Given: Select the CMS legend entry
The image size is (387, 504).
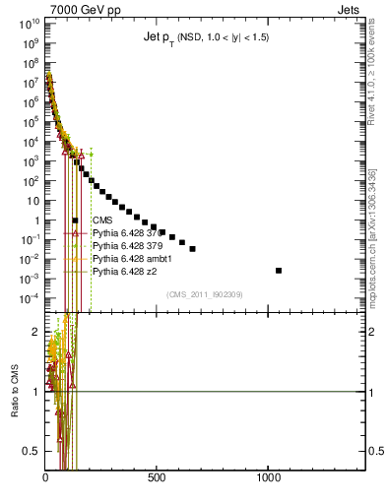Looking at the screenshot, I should (101, 220).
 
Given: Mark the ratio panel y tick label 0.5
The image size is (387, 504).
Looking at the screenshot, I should (32, 451).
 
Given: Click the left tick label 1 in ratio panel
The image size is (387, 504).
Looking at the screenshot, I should (37, 392).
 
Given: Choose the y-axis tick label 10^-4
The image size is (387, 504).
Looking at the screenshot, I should (30, 298).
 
